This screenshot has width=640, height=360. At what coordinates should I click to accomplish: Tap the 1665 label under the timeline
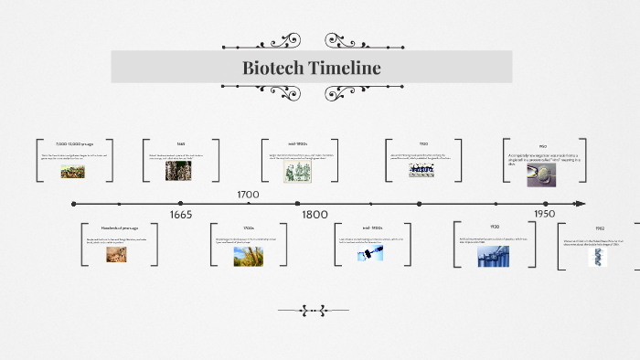pos(181,215)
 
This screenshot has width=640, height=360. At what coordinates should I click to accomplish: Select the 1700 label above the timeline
pos(248,195)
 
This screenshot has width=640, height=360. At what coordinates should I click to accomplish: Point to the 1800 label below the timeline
pos(315,215)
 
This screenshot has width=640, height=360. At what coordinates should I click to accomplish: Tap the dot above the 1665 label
pos(181,204)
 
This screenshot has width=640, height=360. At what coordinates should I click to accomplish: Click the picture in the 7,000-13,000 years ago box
pos(73,171)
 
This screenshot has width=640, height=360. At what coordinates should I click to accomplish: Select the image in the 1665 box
pos(178,170)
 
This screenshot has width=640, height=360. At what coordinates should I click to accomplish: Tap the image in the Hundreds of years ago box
pos(115,255)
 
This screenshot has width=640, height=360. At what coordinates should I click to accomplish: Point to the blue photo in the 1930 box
pos(494,256)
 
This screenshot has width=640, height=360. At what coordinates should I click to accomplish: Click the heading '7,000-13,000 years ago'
pos(74,144)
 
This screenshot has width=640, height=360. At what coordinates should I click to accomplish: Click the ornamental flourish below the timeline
pos(313,311)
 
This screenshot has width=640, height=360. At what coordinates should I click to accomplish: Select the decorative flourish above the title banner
pos(312,42)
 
